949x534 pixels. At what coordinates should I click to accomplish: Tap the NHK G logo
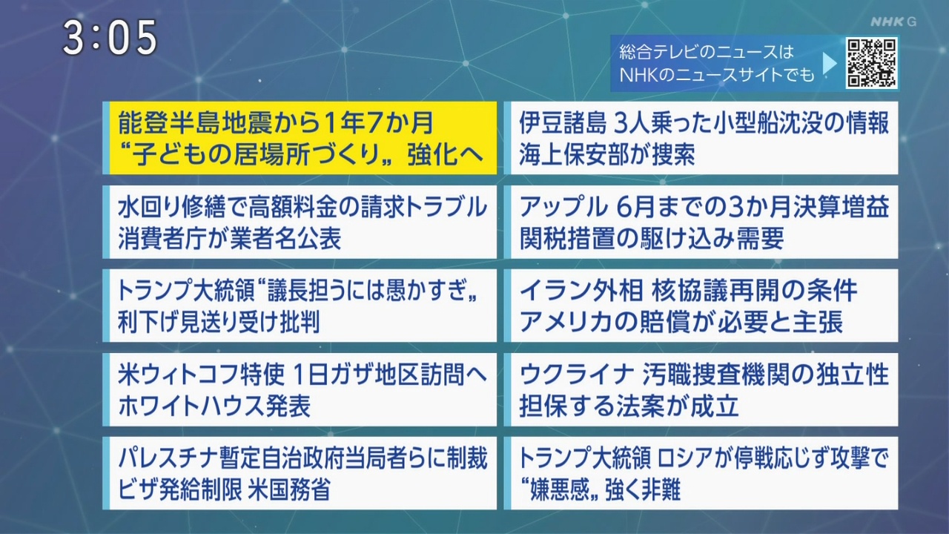point(893,22)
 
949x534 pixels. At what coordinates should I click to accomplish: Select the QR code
point(871,63)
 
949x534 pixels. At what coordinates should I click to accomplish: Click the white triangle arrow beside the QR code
point(830,64)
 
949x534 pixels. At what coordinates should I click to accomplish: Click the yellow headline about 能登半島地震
point(300,138)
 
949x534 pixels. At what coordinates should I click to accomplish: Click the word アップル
point(563,207)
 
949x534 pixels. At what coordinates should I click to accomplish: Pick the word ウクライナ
point(575,375)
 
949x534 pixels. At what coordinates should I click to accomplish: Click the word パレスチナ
point(168,458)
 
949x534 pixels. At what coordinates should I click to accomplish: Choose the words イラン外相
point(581,291)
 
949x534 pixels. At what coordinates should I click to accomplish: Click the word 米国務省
point(288,489)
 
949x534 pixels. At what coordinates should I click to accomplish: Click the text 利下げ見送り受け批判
point(219,322)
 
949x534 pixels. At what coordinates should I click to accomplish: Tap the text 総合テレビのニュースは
point(707,52)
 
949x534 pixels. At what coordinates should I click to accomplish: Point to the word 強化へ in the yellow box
point(446,154)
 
